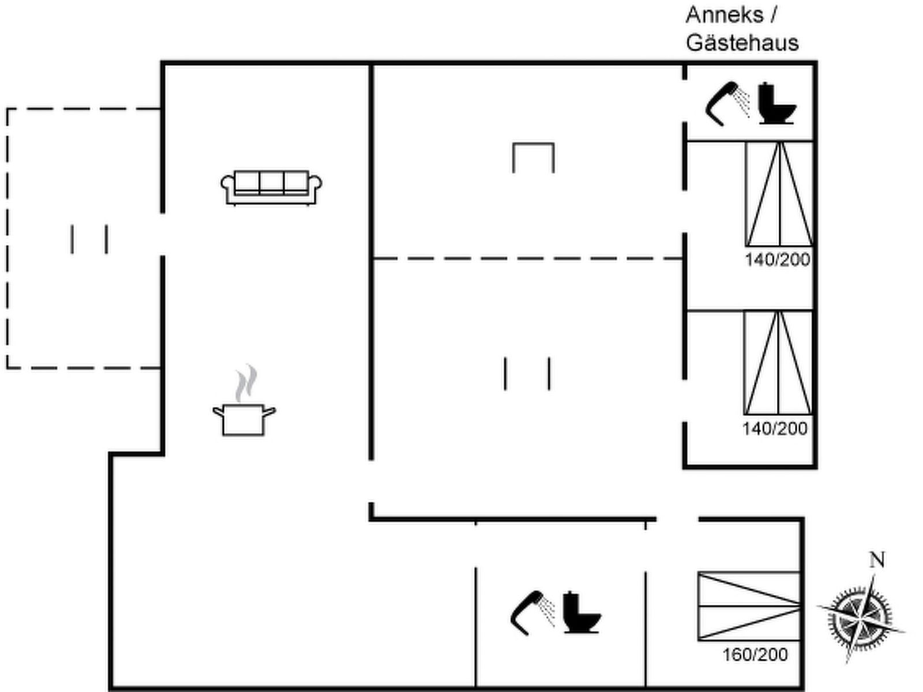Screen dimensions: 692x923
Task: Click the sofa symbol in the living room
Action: coord(271,187)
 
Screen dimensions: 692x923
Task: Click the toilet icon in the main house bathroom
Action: coord(581,612)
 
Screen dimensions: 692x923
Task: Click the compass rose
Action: coord(860,619)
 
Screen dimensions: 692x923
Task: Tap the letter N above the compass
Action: coord(877,560)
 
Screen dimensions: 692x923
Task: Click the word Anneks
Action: coord(725,15)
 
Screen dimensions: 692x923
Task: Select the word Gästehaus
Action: coord(742,43)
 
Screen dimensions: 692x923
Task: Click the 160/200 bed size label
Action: coord(755,655)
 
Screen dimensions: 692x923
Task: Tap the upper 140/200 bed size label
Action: coord(778,259)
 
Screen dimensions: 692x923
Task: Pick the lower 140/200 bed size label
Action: coord(775,428)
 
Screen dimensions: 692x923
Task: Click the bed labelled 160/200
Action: coord(749,606)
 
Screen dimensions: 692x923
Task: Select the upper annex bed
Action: coord(779,194)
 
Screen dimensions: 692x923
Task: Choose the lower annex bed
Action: coord(778,363)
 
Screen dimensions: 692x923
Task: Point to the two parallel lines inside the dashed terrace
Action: coord(89,239)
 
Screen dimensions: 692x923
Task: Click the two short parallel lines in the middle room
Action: coord(527,374)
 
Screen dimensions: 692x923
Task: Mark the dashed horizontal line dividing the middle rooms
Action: coord(527,258)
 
